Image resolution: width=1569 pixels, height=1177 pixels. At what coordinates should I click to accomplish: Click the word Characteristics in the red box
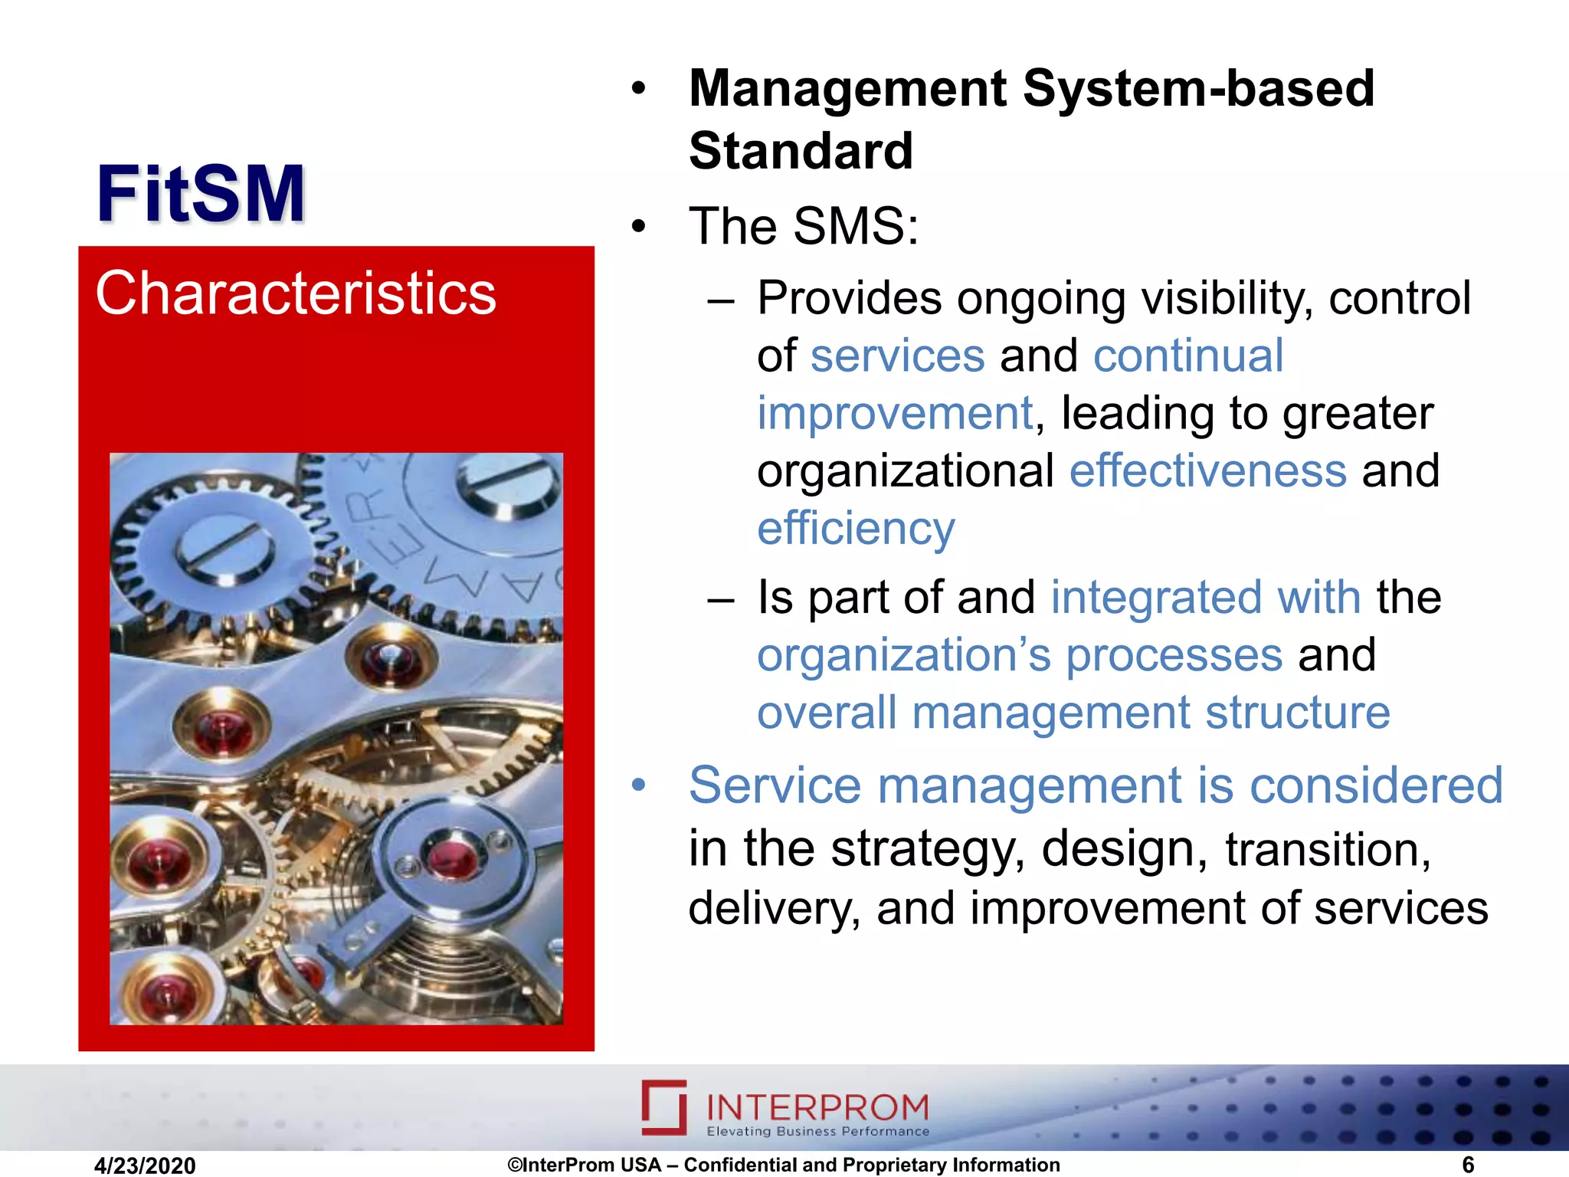coord(296,293)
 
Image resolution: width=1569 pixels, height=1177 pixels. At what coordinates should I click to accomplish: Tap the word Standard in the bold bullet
coord(801,151)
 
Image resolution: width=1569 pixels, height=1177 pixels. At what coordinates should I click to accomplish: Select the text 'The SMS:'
coord(804,227)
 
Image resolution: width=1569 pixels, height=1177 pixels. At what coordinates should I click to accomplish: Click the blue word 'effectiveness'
coord(1207,470)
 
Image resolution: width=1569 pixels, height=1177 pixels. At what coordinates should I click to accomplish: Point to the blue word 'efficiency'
coord(856,529)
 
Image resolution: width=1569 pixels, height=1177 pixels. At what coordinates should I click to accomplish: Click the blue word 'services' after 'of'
coord(897,356)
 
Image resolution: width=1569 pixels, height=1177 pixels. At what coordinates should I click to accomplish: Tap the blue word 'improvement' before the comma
coord(895,414)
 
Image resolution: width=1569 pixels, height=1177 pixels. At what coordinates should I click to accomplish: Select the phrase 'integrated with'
coord(1205,598)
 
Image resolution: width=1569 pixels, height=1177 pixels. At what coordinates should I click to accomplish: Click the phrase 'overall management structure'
coord(1073,713)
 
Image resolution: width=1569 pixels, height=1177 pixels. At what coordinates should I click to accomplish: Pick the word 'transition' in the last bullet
coord(1326,850)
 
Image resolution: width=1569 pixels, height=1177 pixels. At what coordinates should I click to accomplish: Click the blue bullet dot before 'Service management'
coord(639,786)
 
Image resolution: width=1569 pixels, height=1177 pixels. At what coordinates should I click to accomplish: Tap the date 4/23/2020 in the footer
coord(145,1166)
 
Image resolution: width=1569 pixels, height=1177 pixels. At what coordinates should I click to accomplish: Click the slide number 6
coord(1467,1165)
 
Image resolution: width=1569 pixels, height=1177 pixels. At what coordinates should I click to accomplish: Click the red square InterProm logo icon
coord(663,1107)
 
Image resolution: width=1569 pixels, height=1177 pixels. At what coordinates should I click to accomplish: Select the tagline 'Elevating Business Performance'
coord(817,1132)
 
